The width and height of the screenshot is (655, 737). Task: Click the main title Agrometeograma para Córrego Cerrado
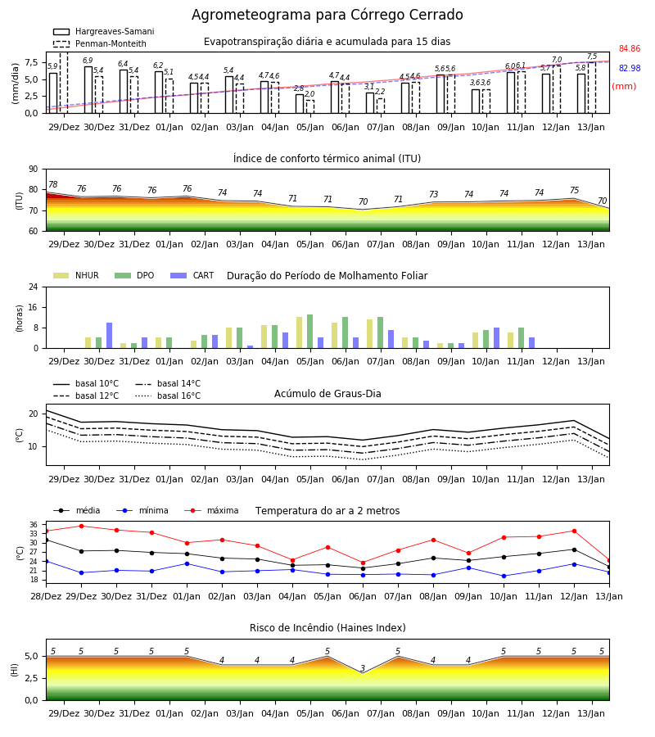327,15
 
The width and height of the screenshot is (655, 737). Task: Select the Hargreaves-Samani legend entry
104,31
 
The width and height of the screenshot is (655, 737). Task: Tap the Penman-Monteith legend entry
100,43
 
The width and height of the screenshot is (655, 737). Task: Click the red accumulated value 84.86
630,48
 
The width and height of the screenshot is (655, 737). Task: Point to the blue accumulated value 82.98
630,68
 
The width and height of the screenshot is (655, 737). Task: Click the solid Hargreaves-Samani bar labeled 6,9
88,90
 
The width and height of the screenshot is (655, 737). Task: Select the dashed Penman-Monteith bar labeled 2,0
310,106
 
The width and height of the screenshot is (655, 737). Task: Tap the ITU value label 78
53,184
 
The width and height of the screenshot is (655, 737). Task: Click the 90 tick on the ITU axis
34,170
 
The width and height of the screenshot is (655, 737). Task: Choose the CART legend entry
192,275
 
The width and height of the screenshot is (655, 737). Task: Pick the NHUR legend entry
76,275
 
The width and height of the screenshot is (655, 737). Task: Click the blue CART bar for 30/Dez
110,336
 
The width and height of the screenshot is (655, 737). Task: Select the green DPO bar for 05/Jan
310,332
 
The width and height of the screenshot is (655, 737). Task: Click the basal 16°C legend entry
168,396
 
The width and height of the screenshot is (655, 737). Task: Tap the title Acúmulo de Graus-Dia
327,393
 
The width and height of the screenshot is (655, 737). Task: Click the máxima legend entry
211,510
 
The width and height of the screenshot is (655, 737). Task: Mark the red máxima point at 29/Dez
81,526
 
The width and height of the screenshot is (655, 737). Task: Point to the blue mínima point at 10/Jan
504,576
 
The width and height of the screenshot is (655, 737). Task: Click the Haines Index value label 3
363,668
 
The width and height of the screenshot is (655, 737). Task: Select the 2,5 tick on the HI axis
31,678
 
